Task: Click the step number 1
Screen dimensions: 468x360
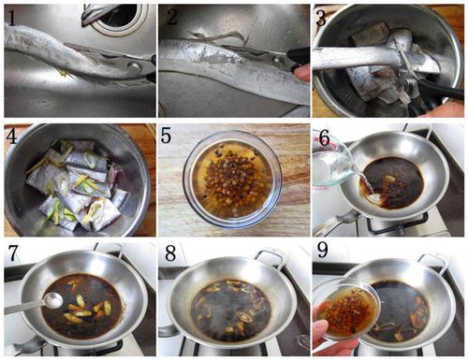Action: pos(11,17)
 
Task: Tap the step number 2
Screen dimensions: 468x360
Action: pos(172,17)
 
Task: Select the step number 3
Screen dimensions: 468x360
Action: pos(322,18)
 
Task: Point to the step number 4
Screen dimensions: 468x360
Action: pos(11,136)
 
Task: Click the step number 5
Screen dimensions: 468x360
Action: pos(165,136)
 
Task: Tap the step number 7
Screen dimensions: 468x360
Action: pos(12,253)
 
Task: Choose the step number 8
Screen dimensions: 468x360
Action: pos(170,253)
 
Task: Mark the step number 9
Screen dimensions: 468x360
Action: pos(322,250)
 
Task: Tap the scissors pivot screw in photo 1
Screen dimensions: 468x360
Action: pos(135,66)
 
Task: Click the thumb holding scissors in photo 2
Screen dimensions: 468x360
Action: pos(302,73)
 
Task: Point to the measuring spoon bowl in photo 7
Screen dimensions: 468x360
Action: pos(52,301)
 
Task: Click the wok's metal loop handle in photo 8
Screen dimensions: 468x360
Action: pos(271,255)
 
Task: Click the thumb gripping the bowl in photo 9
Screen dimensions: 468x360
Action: pos(321,327)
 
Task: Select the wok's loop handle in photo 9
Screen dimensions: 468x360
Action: pos(434,260)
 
